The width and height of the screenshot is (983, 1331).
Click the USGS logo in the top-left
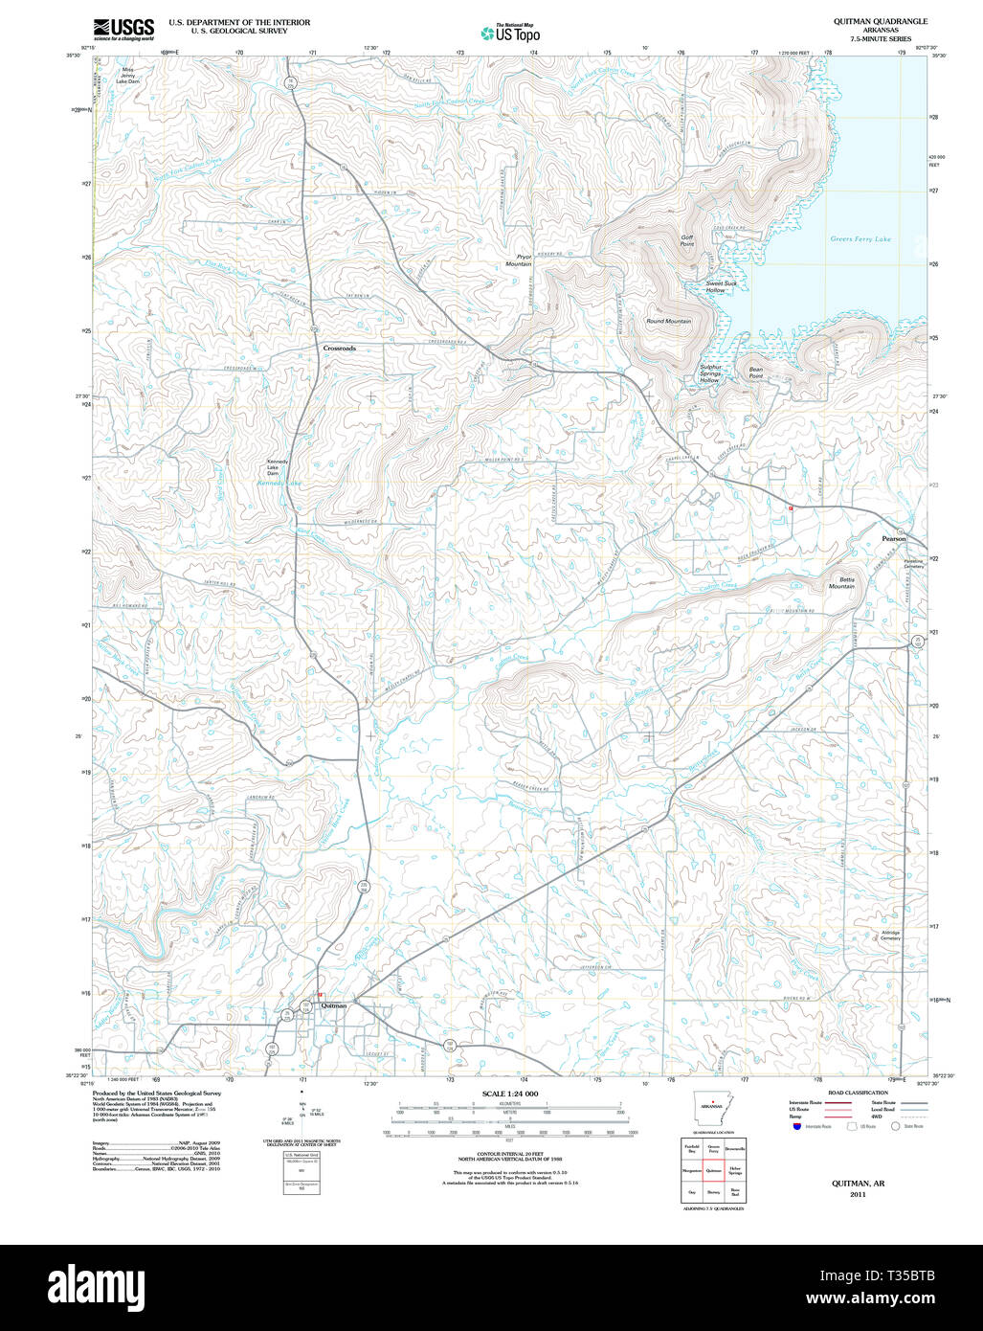123,30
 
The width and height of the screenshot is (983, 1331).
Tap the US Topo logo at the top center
511,33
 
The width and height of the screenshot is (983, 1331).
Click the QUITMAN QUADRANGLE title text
866,21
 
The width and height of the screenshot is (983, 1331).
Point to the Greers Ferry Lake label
860,239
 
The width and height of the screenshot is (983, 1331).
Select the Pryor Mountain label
524,260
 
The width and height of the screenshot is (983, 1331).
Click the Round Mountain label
668,322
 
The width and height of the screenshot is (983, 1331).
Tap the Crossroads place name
339,349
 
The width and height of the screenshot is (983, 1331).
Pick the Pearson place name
893,539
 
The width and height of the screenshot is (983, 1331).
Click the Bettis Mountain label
841,583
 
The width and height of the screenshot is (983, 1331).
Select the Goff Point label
686,240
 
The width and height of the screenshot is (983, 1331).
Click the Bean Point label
755,372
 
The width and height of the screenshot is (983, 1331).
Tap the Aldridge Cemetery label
890,936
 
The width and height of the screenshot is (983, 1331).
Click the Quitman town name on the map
334,1005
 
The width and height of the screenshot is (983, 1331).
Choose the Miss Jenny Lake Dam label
127,76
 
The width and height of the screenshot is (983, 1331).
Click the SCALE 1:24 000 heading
510,1094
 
